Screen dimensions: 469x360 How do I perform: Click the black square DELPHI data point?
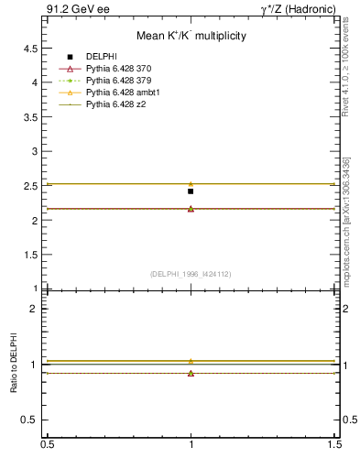191,191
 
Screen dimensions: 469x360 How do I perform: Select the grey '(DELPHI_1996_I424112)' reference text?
191,273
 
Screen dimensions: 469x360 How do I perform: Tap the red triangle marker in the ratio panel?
191,373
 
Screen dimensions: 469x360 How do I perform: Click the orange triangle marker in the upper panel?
191,183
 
